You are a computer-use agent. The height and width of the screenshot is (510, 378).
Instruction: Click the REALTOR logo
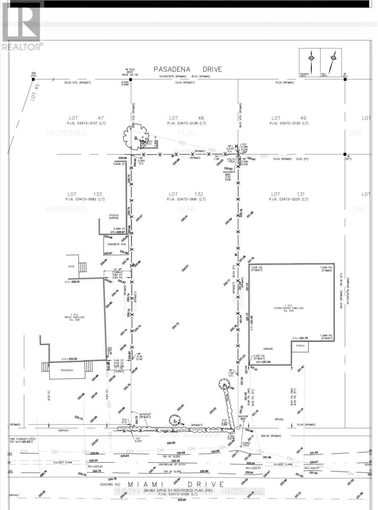(22, 25)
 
